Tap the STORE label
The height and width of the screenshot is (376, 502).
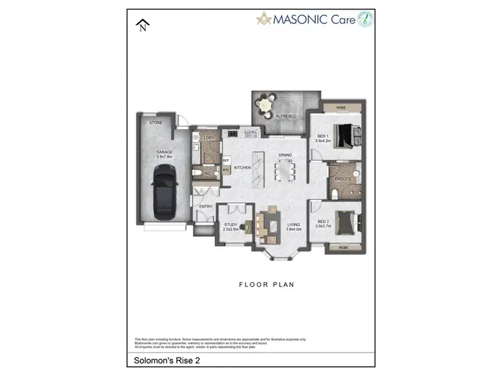pyautogui.click(x=156, y=122)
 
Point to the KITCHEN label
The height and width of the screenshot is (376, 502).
pyautogui.click(x=242, y=167)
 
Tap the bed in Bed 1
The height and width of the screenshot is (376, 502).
pyautogui.click(x=348, y=136)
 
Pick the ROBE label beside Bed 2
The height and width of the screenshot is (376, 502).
pyautogui.click(x=344, y=248)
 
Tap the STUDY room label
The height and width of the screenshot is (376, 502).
pyautogui.click(x=230, y=225)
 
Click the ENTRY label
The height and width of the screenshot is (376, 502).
pyautogui.click(x=206, y=206)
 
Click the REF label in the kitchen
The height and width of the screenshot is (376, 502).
pyautogui.click(x=226, y=161)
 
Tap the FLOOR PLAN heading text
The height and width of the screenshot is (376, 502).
pyautogui.click(x=267, y=284)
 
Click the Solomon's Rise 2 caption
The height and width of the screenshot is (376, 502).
pyautogui.click(x=163, y=359)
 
